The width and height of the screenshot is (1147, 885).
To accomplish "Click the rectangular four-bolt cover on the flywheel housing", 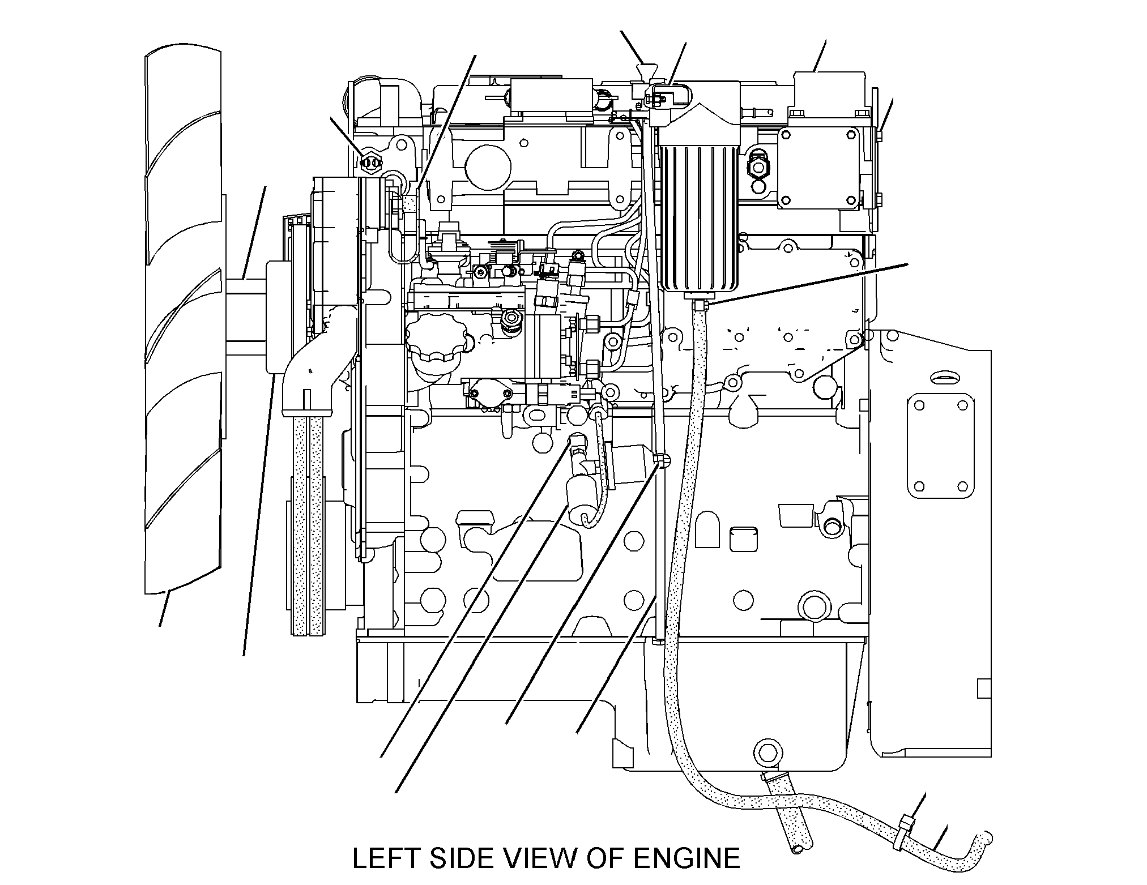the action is pyautogui.click(x=941, y=446).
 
